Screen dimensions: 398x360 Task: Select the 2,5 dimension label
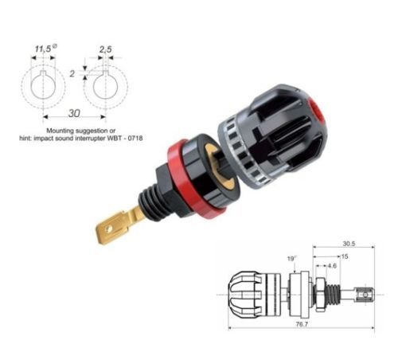pos(106,49)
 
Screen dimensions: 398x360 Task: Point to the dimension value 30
pos(74,113)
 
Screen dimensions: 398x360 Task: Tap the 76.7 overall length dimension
pos(302,324)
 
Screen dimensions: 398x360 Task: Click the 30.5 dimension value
pos(349,244)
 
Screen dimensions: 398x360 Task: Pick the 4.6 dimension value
pos(332,266)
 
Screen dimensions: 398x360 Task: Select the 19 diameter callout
pos(292,259)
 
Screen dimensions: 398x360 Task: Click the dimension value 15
pos(345,256)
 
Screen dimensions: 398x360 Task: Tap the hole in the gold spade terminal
pos(108,229)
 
